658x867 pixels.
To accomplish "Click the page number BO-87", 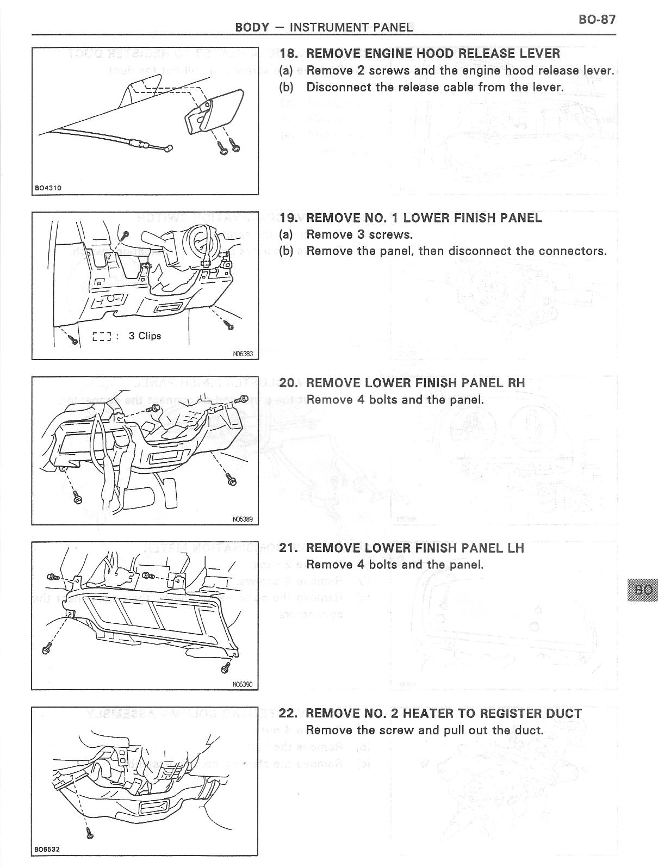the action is (597, 20).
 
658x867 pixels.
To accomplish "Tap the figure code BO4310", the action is (48, 188).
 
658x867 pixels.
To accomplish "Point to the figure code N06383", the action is (243, 354).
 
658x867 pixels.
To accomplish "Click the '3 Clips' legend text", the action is (145, 336).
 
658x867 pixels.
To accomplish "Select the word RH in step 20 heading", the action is (516, 383).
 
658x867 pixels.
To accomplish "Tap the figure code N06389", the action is (243, 519).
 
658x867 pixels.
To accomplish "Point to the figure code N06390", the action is (243, 684).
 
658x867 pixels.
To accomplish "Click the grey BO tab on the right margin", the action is (642, 590).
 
